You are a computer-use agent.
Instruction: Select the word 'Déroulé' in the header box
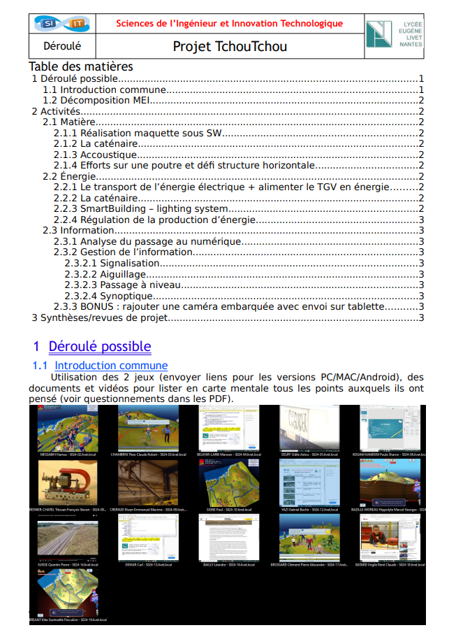coord(62,47)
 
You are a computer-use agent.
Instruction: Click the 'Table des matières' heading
coord(81,66)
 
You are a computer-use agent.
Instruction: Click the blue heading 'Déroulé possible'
coord(99,346)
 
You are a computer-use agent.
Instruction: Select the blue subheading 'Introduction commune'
coord(111,366)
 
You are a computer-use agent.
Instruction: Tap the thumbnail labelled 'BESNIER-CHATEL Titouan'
coord(68,483)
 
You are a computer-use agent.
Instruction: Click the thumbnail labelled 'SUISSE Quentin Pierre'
coord(68,538)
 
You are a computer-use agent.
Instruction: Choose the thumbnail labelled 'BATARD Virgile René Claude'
coord(390,538)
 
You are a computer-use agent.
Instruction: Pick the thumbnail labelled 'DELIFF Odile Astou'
coord(310,428)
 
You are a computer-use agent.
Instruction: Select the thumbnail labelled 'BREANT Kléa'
coord(68,592)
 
